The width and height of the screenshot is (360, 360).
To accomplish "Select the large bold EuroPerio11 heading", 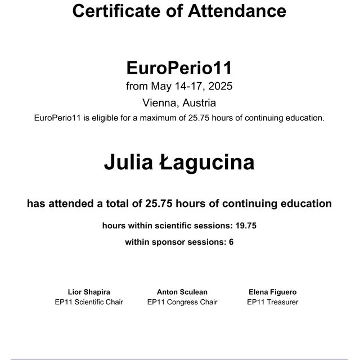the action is pyautogui.click(x=179, y=68).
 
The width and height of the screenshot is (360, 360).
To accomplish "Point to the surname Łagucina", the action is pyautogui.click(x=208, y=163).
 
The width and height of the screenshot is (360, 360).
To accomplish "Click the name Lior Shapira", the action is pyautogui.click(x=89, y=292).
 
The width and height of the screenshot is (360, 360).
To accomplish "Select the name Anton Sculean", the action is pyautogui.click(x=182, y=292).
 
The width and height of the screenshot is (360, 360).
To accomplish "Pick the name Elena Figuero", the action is pyautogui.click(x=272, y=292).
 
